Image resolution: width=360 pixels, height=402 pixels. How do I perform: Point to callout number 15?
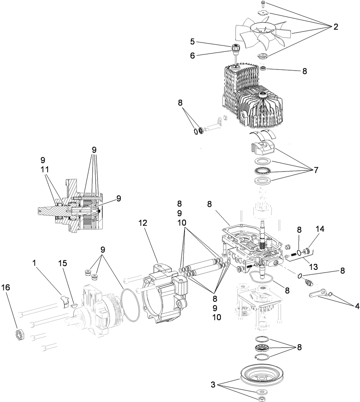(63, 263)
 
